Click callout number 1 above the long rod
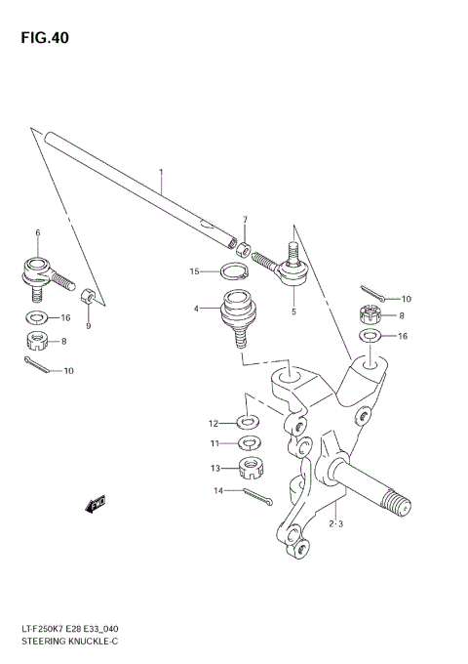click(x=161, y=173)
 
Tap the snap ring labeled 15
click(x=233, y=273)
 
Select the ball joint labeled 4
click(x=235, y=318)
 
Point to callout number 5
click(x=292, y=312)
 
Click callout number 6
click(x=38, y=232)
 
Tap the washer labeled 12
click(x=247, y=423)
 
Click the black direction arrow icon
click(x=96, y=505)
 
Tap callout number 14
click(x=219, y=491)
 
